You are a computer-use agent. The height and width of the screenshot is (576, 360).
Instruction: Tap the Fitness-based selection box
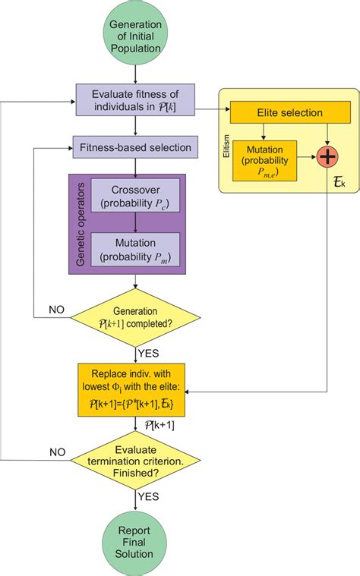(135, 145)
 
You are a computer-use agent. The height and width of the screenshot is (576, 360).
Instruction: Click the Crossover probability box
(136, 194)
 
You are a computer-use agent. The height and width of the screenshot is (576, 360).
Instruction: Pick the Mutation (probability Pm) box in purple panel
(136, 247)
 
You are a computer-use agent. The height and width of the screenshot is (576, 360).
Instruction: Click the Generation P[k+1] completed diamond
(135, 316)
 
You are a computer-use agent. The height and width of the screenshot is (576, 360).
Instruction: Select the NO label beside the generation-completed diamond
(56, 309)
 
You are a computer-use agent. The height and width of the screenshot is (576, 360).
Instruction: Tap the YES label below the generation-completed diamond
(150, 352)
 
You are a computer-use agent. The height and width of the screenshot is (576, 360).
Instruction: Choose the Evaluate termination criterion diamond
(135, 461)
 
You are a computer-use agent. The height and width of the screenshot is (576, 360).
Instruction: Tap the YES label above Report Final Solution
(150, 496)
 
